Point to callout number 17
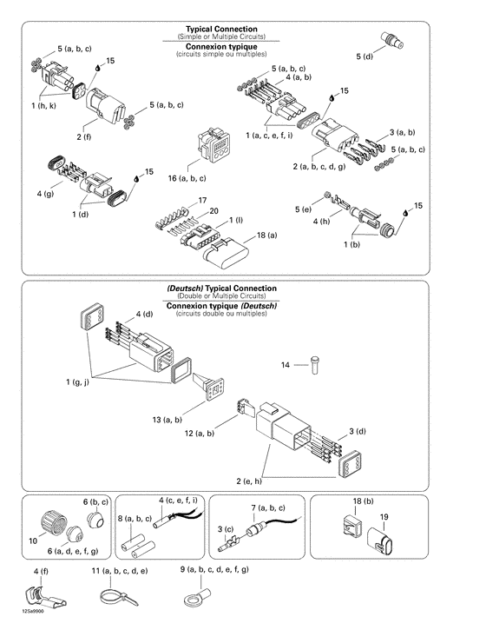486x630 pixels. point(203,201)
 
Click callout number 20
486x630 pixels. point(213,211)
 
